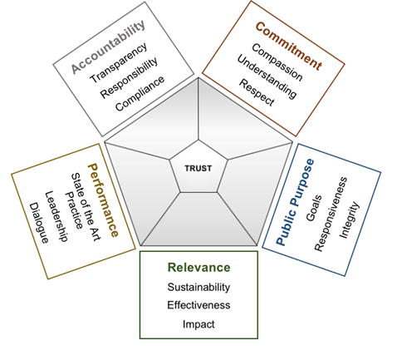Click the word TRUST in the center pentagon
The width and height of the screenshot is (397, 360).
point(198,168)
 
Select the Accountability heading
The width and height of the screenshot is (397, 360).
point(108,47)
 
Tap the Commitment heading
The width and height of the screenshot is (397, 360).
point(289,46)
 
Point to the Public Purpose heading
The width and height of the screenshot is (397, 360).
point(295,202)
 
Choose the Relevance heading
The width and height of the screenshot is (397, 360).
point(198,268)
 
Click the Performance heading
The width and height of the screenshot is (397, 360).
point(103,200)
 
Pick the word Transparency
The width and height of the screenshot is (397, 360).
point(119,63)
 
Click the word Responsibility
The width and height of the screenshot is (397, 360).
point(129,78)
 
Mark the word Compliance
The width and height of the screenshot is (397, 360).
point(140,93)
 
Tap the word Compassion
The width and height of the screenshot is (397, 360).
point(277,62)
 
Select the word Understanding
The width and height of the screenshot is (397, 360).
point(267,76)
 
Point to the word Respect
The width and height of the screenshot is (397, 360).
point(257,92)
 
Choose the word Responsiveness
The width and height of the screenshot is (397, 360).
point(331,214)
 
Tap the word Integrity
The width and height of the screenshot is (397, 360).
point(349,220)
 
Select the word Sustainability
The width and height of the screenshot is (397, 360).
point(198,287)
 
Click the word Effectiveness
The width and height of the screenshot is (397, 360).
point(198,305)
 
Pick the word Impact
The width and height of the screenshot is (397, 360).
point(198,324)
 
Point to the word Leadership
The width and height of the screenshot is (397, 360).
point(56,216)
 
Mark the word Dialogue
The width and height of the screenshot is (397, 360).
point(39,223)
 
